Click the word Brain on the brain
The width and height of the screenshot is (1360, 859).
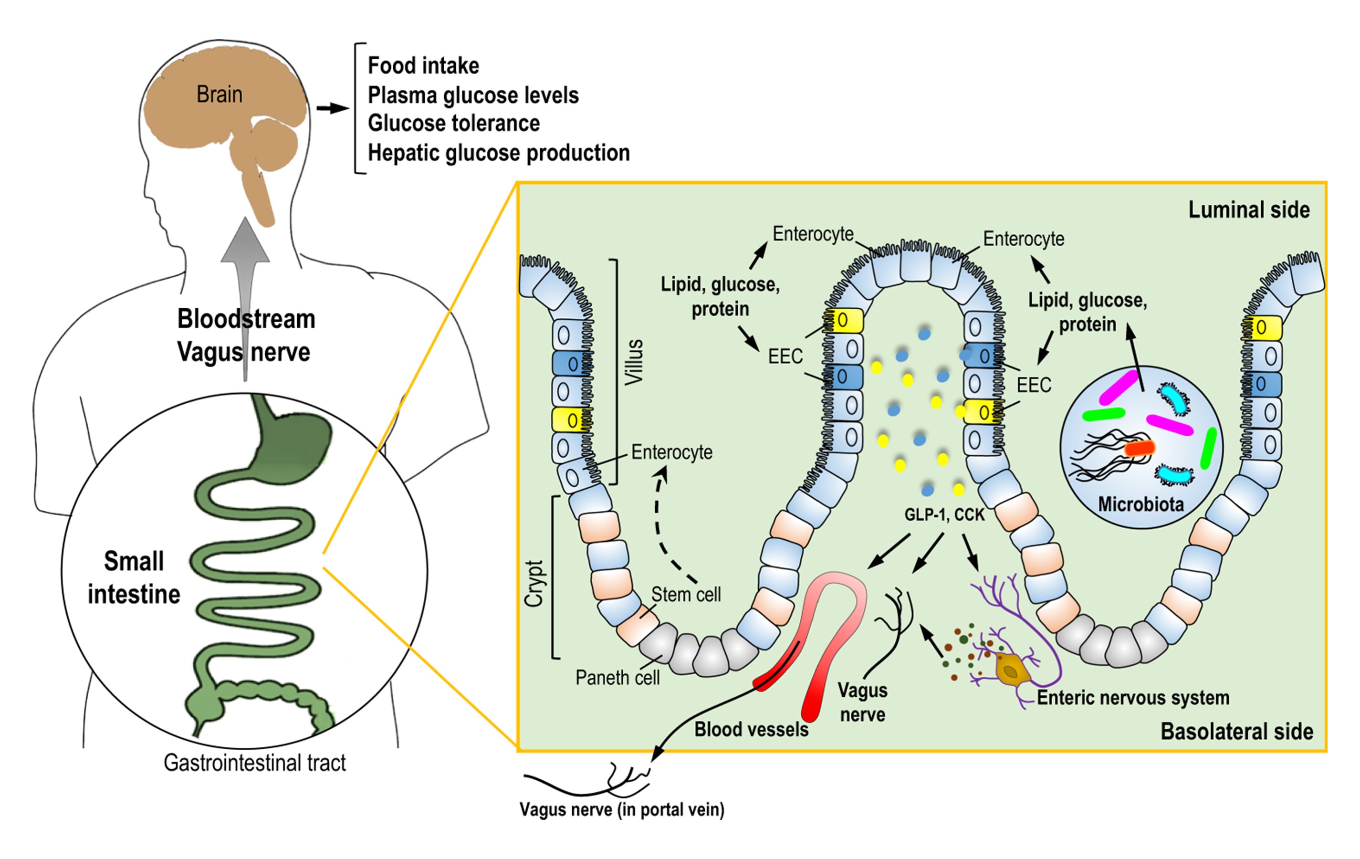[x=219, y=94]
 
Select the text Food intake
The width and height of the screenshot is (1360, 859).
[x=423, y=65]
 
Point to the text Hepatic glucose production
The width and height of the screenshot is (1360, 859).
[x=499, y=153]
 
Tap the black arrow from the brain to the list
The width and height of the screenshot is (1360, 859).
[x=332, y=108]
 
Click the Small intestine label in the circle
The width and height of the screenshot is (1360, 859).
[x=134, y=578]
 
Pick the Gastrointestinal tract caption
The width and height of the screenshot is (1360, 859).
[x=254, y=763]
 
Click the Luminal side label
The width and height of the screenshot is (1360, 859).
[x=1249, y=210]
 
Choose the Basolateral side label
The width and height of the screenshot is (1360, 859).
[x=1236, y=732]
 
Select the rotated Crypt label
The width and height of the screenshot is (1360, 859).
[x=534, y=583]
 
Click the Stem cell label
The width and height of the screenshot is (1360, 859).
[x=686, y=595]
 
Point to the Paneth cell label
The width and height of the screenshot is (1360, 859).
[x=617, y=678]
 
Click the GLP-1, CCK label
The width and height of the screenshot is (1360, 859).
[x=944, y=515]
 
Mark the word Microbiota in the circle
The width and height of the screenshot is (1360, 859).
[x=1140, y=504]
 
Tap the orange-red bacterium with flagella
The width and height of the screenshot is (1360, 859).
[x=1140, y=449]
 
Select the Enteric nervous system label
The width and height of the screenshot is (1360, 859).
[x=1133, y=698]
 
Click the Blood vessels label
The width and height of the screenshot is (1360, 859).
[x=751, y=730]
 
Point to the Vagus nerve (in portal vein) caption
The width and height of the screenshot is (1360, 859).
[x=622, y=810]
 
